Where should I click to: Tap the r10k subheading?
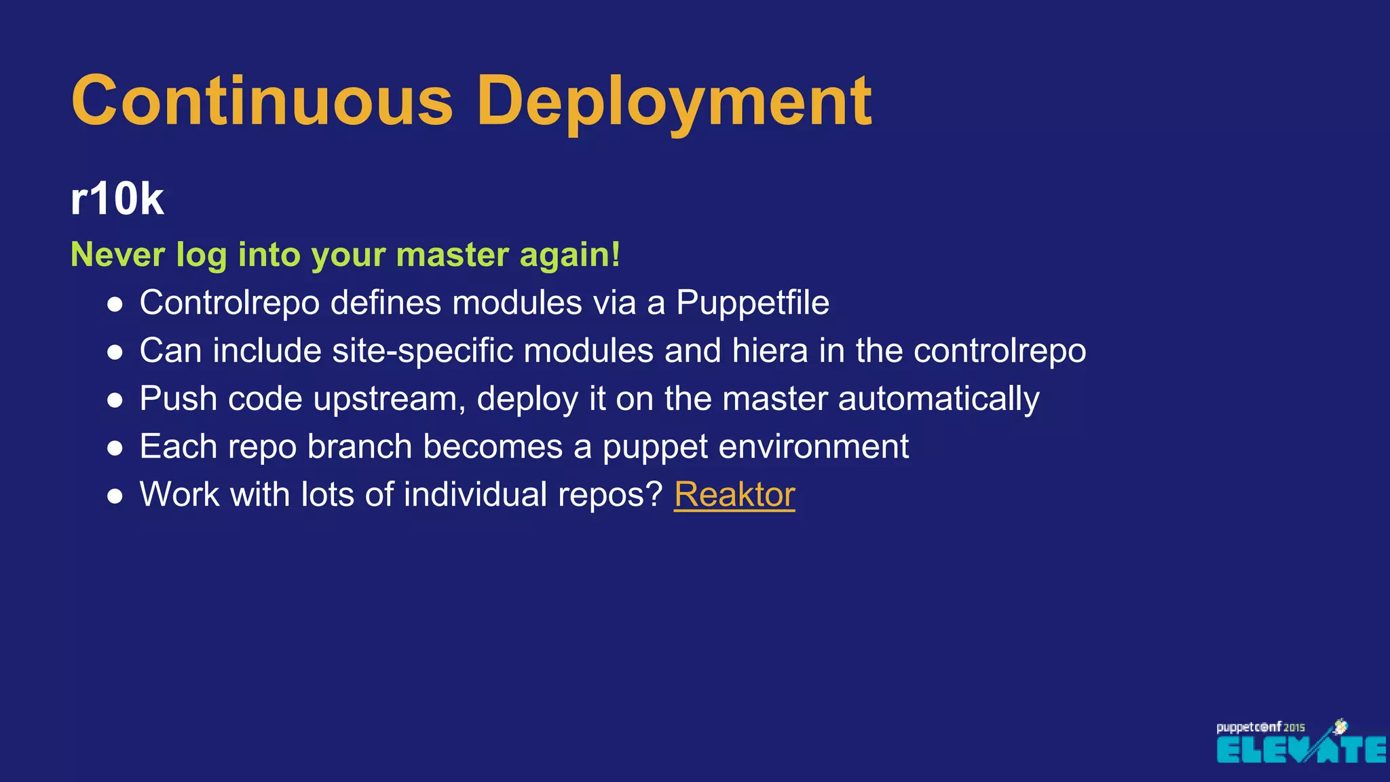pyautogui.click(x=117, y=200)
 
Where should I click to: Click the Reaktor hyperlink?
pyautogui.click(x=734, y=494)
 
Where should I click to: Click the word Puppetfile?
pyautogui.click(x=753, y=303)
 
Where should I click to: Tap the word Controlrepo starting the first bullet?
pyautogui.click(x=229, y=303)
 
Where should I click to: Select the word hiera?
pyautogui.click(x=770, y=351)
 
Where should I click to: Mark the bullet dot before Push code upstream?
pyautogui.click(x=115, y=400)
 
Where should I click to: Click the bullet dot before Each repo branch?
pyautogui.click(x=115, y=448)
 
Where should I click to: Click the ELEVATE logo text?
pyautogui.click(x=1300, y=750)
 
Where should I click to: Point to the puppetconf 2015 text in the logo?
pyautogui.click(x=1260, y=727)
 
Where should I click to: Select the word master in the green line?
pyautogui.click(x=453, y=255)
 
